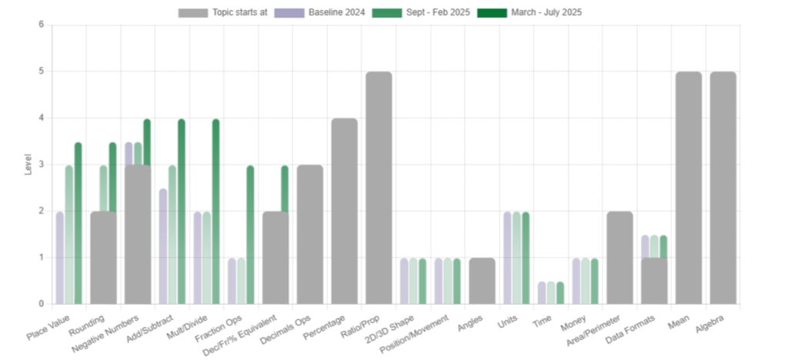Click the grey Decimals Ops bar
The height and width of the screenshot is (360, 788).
(309, 234)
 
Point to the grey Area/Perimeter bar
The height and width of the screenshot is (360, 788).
(619, 257)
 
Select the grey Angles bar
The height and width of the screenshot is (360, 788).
(482, 281)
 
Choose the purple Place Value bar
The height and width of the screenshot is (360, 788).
(59, 258)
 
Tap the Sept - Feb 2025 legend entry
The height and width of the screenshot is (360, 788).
(420, 12)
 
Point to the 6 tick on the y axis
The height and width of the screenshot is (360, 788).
(41, 25)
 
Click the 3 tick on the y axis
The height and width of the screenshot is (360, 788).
(41, 165)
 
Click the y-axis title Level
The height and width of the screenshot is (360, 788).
(28, 165)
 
